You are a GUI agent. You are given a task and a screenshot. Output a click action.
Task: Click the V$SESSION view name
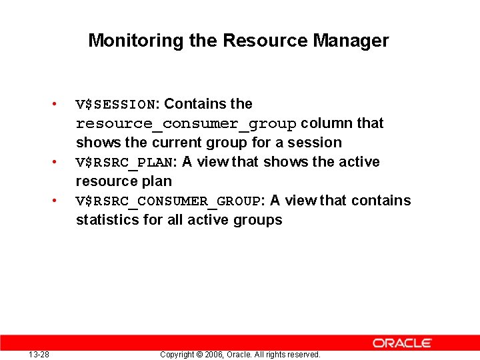(115, 105)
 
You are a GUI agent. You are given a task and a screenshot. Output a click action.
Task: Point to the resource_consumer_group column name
(186, 124)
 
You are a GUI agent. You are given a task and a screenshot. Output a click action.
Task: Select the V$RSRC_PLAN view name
(125, 163)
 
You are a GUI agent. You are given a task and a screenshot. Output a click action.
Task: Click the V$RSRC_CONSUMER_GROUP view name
(169, 201)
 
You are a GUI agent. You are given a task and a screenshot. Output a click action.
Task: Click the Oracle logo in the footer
(402, 343)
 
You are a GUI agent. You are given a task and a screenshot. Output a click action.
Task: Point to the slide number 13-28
(39, 354)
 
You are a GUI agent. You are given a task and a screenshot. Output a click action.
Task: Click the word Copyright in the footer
(178, 355)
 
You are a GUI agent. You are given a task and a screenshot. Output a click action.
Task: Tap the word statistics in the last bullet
(107, 220)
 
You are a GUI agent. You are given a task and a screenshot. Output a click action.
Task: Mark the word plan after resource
(158, 182)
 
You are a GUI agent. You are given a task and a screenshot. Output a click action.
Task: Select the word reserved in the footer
(304, 355)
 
